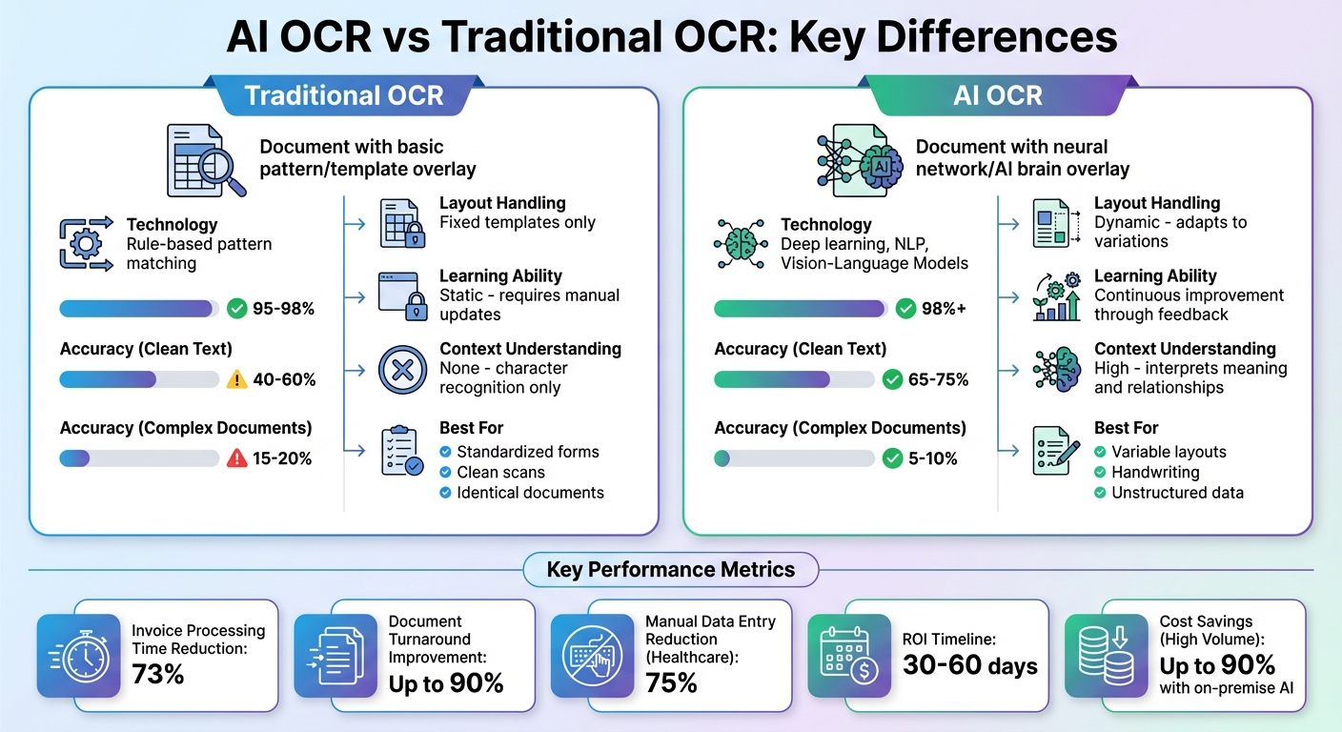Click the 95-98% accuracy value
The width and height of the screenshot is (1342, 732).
coord(283,309)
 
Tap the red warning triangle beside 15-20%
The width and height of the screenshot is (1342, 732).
coord(237,458)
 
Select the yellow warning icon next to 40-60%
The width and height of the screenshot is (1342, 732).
coord(237,379)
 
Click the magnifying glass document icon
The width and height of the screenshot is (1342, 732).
coord(204,159)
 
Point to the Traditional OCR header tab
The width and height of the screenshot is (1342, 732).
coord(344,95)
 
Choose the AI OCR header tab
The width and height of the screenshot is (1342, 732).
coord(997,95)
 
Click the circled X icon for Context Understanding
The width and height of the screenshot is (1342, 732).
coord(403,369)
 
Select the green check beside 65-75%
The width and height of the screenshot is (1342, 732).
coord(892,379)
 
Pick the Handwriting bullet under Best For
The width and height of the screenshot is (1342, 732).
coord(1155,472)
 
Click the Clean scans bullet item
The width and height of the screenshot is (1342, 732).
coord(501,472)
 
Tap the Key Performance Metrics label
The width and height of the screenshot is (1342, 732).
coord(670,570)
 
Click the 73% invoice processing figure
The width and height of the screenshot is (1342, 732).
coord(158,675)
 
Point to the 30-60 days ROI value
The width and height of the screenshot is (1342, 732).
coord(970,665)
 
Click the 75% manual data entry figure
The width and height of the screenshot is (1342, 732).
coord(672,682)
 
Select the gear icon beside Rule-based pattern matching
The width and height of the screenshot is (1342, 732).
coord(84,244)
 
